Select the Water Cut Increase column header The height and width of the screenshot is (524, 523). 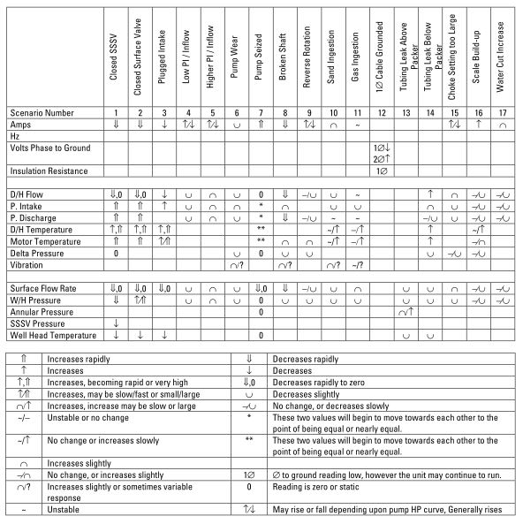click(502, 60)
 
